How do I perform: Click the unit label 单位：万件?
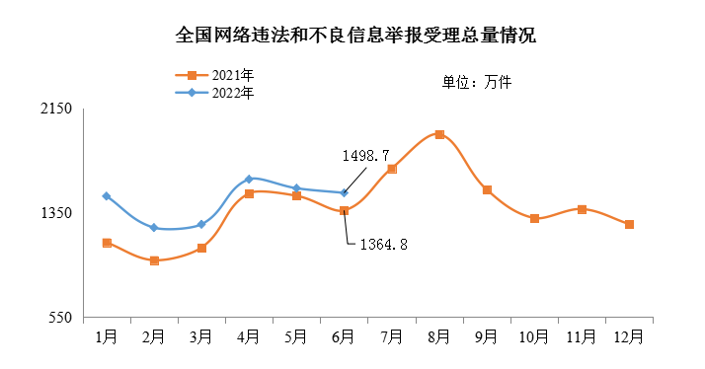pyautogui.click(x=477, y=82)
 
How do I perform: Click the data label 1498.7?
pyautogui.click(x=366, y=156)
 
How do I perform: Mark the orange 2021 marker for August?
pyautogui.click(x=439, y=134)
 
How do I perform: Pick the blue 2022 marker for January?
pyautogui.click(x=107, y=196)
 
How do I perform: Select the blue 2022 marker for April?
pyautogui.click(x=249, y=179)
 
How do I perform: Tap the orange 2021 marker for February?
pyautogui.click(x=154, y=260)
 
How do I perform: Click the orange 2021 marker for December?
pyautogui.click(x=629, y=225)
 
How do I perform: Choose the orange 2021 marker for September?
pyautogui.click(x=487, y=189)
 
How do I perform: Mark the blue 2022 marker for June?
pyautogui.click(x=344, y=193)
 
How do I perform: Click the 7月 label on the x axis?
pyautogui.click(x=391, y=336)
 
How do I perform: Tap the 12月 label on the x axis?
pyautogui.click(x=629, y=336)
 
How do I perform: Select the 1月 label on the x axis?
pyautogui.click(x=107, y=336)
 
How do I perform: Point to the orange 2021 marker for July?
pyautogui.click(x=392, y=169)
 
